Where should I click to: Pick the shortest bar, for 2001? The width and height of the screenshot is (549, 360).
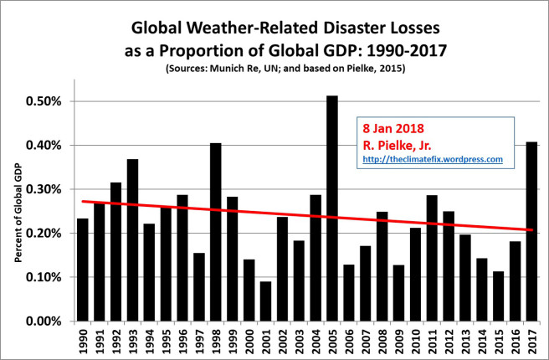(x=265, y=301)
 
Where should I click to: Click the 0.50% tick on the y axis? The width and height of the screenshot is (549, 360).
(x=63, y=101)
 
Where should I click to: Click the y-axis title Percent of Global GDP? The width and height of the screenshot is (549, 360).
(x=18, y=214)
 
